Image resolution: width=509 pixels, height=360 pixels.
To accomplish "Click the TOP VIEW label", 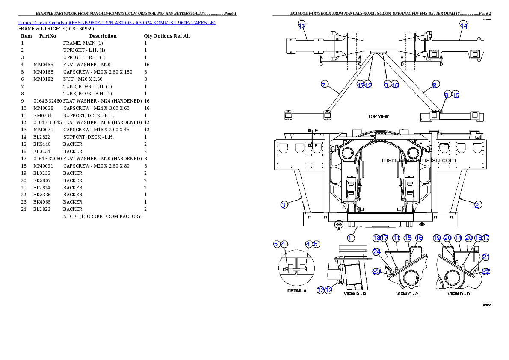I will (x=378, y=116).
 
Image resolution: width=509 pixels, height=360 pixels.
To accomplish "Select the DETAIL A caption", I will (x=296, y=291).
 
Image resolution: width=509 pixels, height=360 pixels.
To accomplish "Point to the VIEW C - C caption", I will (x=407, y=294).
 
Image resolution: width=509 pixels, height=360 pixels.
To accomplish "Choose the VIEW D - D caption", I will (x=459, y=294).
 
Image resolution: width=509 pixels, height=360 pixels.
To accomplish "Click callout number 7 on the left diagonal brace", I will (x=324, y=85).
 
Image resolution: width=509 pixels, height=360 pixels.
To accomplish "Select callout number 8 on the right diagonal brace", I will (x=435, y=85).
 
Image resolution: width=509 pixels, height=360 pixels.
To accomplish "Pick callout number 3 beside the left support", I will (x=284, y=205).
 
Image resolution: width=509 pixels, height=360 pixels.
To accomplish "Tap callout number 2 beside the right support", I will (x=477, y=205).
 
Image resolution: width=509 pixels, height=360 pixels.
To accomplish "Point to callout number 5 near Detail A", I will (x=276, y=244).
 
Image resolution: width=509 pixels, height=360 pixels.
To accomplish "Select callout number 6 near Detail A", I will (x=316, y=244).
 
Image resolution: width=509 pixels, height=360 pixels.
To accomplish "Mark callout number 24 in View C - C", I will (x=376, y=252).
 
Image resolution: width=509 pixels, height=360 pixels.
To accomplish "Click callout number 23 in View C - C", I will (x=376, y=271).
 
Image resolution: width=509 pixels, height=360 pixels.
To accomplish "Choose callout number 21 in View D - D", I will (x=486, y=257).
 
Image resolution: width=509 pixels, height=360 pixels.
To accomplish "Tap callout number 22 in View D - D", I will (x=486, y=271).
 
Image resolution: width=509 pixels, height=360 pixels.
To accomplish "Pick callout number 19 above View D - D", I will (x=437, y=238).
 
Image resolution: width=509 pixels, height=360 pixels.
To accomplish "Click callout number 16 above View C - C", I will (x=419, y=238).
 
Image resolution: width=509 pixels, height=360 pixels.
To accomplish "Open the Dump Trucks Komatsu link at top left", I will (x=117, y=22).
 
